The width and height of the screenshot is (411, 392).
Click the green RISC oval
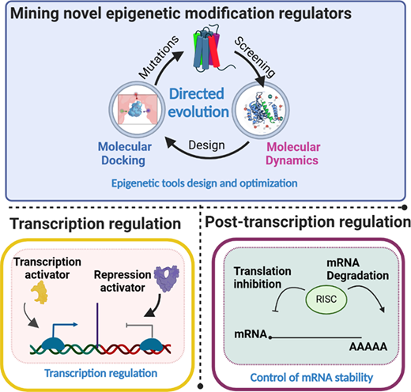[x=326, y=300]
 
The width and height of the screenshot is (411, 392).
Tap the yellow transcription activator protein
[x=40, y=292]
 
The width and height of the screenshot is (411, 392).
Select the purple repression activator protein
[x=166, y=279]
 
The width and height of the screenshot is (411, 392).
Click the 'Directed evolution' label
[x=198, y=103]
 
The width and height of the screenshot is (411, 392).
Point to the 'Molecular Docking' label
[x=125, y=153]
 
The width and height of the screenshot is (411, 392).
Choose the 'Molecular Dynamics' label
[x=292, y=153]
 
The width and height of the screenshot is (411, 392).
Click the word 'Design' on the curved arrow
[x=207, y=145]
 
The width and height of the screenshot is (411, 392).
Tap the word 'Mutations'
[x=159, y=57]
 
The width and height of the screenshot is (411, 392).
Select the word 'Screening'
[x=255, y=57]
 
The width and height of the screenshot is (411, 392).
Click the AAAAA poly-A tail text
[x=368, y=347]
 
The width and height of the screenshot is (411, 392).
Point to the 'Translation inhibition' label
[x=262, y=277]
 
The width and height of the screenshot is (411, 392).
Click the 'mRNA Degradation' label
[x=357, y=269]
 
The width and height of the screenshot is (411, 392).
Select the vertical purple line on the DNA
[x=97, y=326]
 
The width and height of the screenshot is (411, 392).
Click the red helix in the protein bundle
[x=214, y=51]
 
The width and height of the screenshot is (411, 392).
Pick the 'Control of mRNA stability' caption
[x=311, y=378]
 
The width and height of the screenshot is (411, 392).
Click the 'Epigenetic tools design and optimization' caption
[x=205, y=183]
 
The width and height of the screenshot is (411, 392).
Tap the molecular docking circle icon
[x=137, y=109]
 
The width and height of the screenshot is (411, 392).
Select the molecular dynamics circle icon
[x=261, y=110]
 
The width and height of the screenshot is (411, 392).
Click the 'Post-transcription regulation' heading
[x=307, y=222]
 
